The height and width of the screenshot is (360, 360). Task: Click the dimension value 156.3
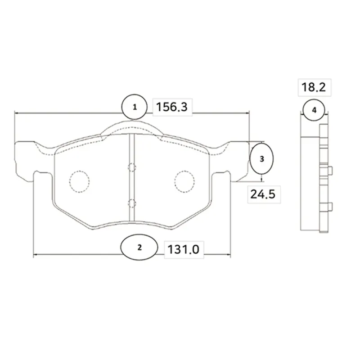tap(172, 107)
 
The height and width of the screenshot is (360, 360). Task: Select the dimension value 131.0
tap(184, 250)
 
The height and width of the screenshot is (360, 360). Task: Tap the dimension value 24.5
tap(263, 194)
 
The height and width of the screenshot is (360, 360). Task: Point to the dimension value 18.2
tap(314, 87)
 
